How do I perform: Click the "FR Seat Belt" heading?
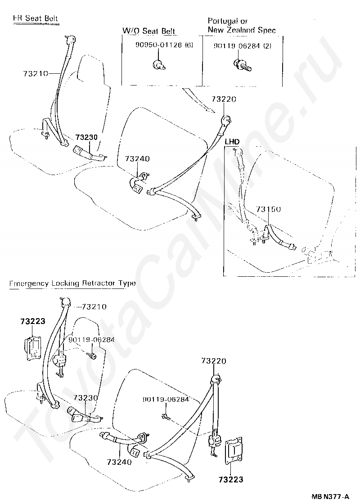(x=36, y=18)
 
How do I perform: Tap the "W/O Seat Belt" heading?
(x=149, y=31)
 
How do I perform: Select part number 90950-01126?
(x=159, y=45)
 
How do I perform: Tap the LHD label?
(x=232, y=142)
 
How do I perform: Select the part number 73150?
(x=269, y=209)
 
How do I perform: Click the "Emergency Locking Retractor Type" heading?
(x=72, y=283)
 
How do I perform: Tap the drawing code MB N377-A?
(x=331, y=496)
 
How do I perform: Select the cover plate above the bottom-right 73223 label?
(x=234, y=450)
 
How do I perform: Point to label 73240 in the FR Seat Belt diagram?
(x=137, y=159)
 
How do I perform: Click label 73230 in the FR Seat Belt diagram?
(x=86, y=137)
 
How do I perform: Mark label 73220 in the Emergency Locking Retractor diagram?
(x=214, y=361)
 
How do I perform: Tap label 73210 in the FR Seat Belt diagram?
(x=36, y=73)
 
